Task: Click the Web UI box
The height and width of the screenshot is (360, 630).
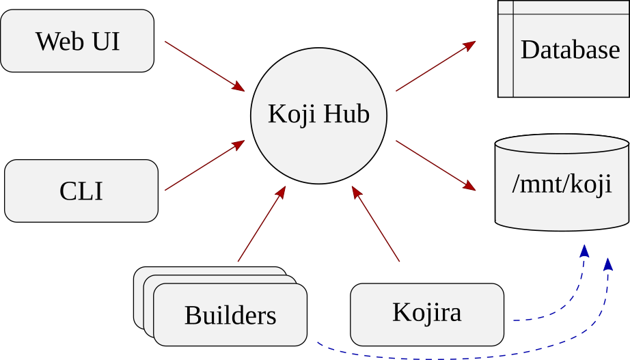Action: pyautogui.click(x=77, y=41)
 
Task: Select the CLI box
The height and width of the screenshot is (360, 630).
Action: pyautogui.click(x=81, y=191)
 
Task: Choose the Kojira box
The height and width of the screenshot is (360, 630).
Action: pyautogui.click(x=426, y=313)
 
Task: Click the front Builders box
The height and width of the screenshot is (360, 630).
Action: pyautogui.click(x=230, y=315)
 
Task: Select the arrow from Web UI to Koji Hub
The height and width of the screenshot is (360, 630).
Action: pyautogui.click(x=204, y=65)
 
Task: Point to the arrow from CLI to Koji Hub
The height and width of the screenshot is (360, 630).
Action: pyautogui.click(x=204, y=166)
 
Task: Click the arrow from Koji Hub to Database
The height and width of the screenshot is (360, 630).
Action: pyautogui.click(x=435, y=66)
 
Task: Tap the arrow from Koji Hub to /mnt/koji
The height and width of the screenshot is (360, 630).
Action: pyautogui.click(x=435, y=165)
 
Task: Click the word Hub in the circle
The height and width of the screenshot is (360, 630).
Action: pyautogui.click(x=346, y=113)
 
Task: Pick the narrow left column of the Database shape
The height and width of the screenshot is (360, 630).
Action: pyautogui.click(x=506, y=49)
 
